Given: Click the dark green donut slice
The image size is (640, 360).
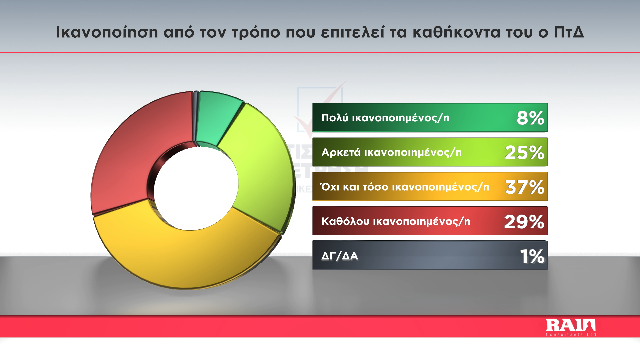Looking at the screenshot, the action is coord(217,118).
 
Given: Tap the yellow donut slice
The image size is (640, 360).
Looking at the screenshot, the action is coord(187,253).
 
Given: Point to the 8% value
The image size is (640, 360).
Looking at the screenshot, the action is coord(530,118).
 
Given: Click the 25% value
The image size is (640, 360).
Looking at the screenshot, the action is coord(525,153).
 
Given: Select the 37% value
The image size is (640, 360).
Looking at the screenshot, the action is coord(525,187).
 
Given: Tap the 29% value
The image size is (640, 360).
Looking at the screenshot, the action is coord(524,222).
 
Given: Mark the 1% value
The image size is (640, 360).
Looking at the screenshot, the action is coord(532,256).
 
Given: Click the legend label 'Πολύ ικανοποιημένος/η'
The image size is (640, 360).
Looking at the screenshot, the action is coord(385,118).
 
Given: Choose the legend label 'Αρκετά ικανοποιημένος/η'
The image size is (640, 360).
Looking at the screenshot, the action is coord(392,152).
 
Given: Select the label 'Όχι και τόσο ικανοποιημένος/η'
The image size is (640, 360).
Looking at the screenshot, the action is coord(404,187).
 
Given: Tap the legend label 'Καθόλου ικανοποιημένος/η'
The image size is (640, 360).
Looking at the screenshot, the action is coord(396,221).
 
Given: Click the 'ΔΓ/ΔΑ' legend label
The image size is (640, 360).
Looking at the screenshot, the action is coord(340,256).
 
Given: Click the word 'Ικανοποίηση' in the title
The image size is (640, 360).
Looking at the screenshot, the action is coord(107,32).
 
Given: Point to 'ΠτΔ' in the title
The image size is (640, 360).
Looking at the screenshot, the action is coord(569,32).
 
